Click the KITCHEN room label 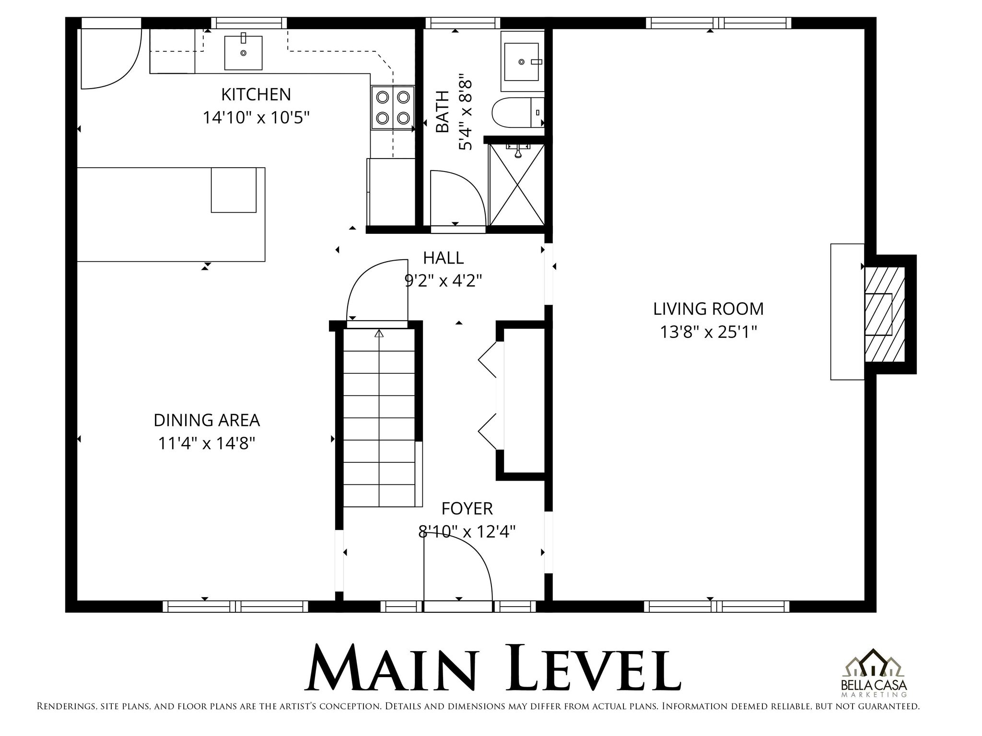tap(256, 94)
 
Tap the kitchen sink tap(244, 52)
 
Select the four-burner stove tap(392, 108)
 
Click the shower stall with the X tap(516, 184)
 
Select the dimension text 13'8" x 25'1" tap(708, 332)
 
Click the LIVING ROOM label tap(708, 309)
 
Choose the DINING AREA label tap(207, 420)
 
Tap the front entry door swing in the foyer tap(458, 570)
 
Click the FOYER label tap(467, 508)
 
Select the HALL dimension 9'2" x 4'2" tap(443, 280)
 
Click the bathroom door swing tap(456, 196)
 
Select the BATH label tap(442, 112)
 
